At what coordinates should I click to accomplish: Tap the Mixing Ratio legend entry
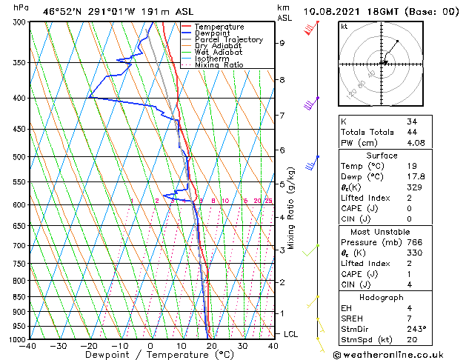(x=219, y=65)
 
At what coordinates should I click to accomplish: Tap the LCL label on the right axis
(x=292, y=334)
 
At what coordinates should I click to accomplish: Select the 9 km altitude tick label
(x=282, y=43)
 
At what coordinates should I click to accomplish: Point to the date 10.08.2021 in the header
(x=329, y=12)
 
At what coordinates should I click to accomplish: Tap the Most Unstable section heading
(x=381, y=231)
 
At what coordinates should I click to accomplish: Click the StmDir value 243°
(x=415, y=329)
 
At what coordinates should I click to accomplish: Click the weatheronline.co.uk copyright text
(x=398, y=354)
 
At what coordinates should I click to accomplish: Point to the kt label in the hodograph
(x=344, y=27)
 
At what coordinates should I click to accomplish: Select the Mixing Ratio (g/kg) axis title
(x=292, y=207)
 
